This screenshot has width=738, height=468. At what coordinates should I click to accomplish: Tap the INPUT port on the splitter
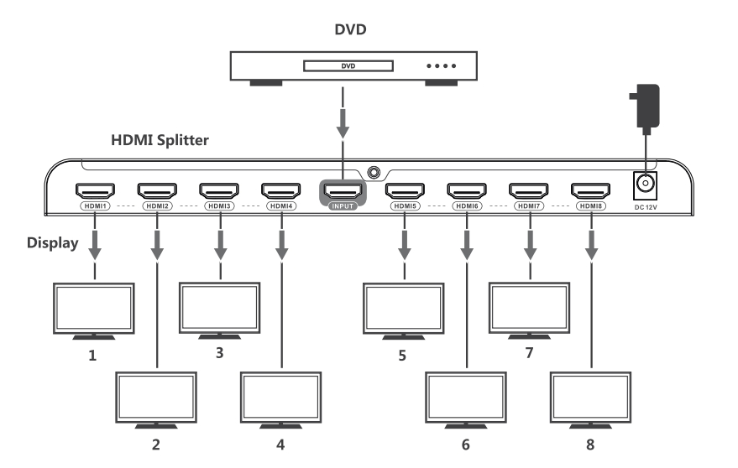point(342,190)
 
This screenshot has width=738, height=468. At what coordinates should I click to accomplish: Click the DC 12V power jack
point(645,184)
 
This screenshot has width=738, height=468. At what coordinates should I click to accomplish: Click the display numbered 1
point(93,309)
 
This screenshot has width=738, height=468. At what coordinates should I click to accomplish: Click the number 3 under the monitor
point(219,352)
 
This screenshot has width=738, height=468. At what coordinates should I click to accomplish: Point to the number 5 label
point(403,355)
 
